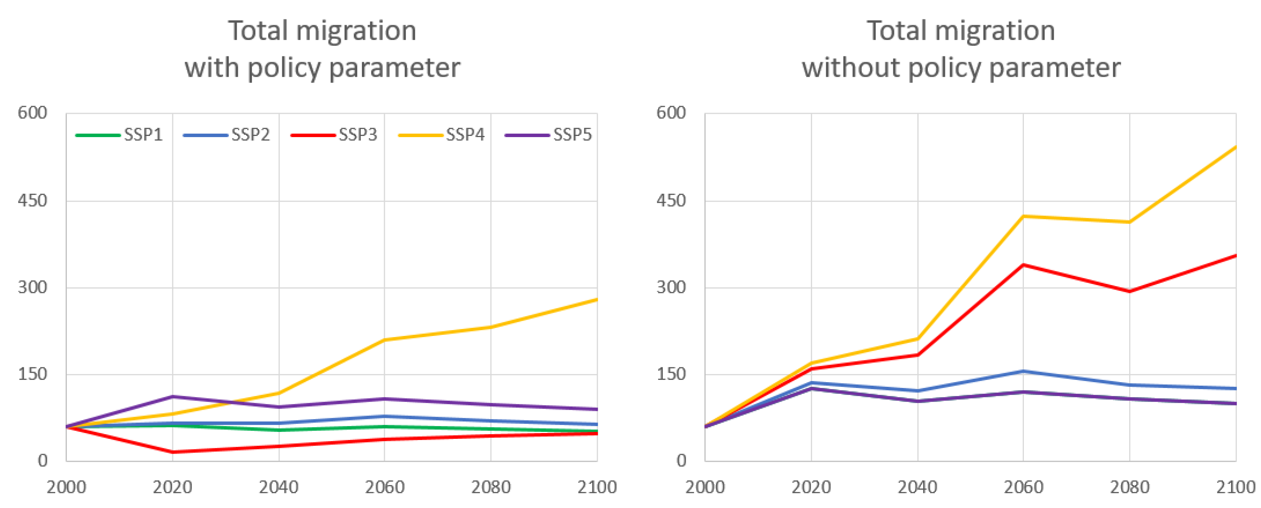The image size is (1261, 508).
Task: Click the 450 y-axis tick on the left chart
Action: [x=32, y=200]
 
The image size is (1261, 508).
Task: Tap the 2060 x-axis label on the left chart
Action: [x=385, y=487]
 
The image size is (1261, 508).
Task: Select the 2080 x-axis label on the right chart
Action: [x=1129, y=487]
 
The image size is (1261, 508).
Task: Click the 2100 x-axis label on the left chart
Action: [x=597, y=487]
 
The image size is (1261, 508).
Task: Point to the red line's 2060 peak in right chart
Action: [x=1023, y=265]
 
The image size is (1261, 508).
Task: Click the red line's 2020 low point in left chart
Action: [x=173, y=452]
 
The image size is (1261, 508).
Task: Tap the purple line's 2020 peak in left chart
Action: [x=173, y=397]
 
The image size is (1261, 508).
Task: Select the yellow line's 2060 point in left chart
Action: [x=385, y=340]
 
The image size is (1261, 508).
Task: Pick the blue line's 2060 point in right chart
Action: [x=1023, y=371]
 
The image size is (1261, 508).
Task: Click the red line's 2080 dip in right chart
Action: [x=1129, y=291]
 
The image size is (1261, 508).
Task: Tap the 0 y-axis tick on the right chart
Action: [x=681, y=461]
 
